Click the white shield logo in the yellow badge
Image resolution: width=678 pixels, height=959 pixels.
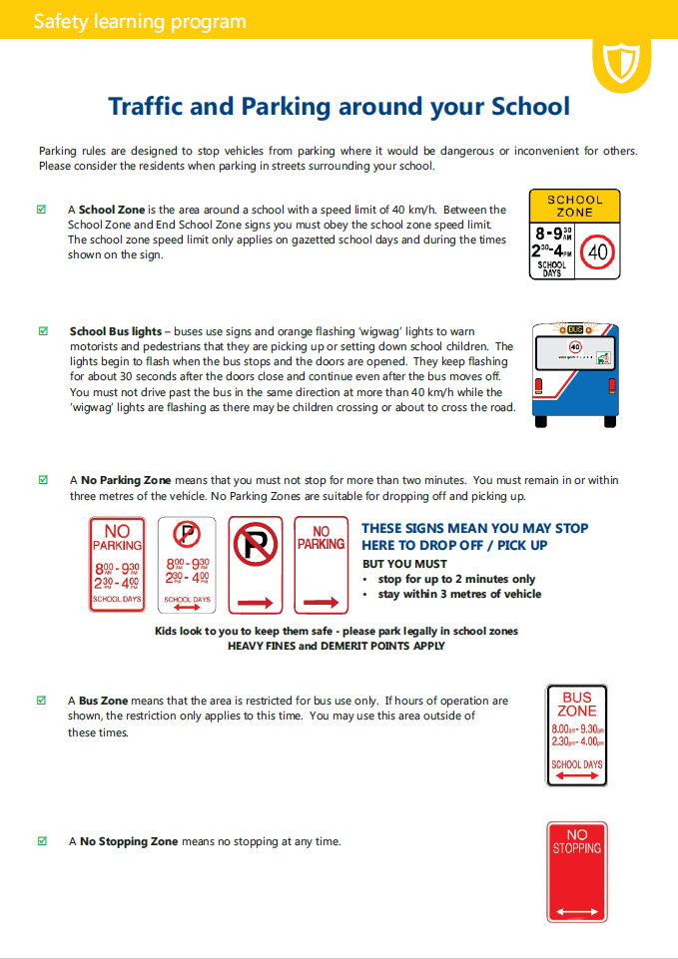tap(621, 63)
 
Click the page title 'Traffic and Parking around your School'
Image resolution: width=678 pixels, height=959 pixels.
tap(339, 107)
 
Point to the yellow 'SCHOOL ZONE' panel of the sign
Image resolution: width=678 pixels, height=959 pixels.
tap(574, 206)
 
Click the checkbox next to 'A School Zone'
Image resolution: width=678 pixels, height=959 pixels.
tap(42, 210)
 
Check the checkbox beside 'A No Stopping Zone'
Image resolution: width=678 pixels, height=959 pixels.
tap(42, 841)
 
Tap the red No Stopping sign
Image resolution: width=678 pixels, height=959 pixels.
tap(576, 872)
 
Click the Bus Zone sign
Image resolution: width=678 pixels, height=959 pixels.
tap(576, 735)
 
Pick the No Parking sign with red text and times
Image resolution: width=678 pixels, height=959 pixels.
tap(117, 564)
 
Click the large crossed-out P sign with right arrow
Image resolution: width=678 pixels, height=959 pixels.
tap(256, 564)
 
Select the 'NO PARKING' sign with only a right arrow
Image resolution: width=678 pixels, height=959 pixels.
tap(321, 564)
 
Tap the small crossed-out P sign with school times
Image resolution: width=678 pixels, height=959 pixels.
tap(187, 564)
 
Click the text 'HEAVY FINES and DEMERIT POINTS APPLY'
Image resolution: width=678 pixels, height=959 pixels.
tap(336, 646)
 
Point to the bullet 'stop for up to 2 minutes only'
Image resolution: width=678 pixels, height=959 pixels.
tap(456, 579)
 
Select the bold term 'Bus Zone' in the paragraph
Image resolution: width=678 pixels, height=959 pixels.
tap(101, 701)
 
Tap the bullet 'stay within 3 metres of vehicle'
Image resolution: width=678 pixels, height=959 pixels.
tap(459, 594)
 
